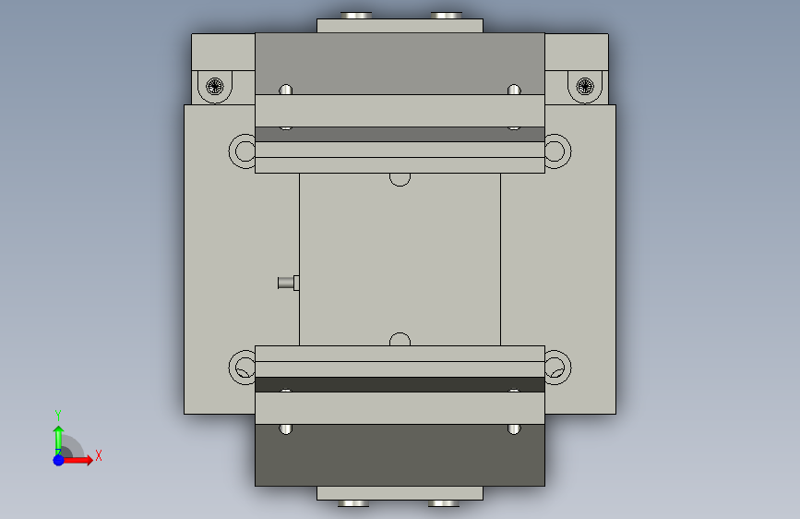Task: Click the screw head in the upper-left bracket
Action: [x=215, y=86]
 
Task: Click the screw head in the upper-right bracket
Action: [x=585, y=86]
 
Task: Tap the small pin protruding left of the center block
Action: [x=288, y=283]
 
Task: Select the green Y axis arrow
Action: [x=58, y=439]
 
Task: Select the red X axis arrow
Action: [x=77, y=460]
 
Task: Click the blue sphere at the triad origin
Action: [x=58, y=460]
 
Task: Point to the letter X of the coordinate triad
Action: [x=99, y=455]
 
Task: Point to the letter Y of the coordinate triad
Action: [x=58, y=415]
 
